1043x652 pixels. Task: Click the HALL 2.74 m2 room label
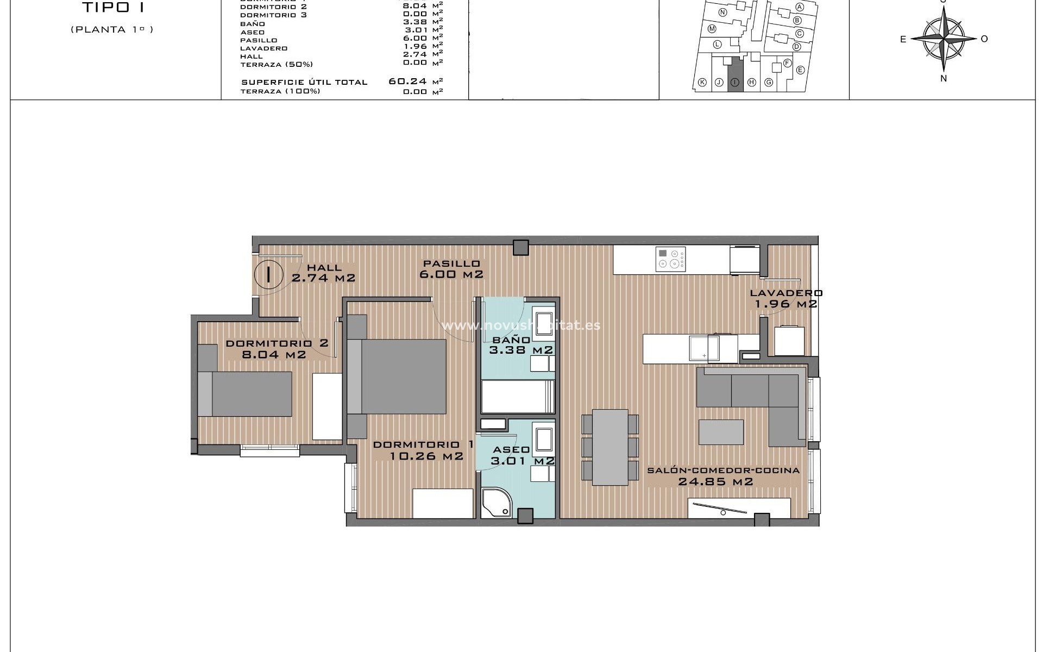(324, 273)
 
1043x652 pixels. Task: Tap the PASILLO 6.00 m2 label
(451, 269)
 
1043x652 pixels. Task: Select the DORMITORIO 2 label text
(277, 343)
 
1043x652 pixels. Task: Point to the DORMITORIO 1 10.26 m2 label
(424, 450)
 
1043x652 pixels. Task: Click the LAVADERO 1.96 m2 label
(786, 298)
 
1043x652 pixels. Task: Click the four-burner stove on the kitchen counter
(671, 259)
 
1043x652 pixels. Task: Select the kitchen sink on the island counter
(704, 348)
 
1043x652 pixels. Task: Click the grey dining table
(610, 447)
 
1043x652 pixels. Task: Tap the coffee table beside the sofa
(721, 432)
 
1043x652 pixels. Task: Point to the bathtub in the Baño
(517, 397)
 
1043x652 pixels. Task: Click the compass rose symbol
(944, 38)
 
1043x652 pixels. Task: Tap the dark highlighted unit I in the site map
(735, 74)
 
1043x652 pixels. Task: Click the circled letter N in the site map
(722, 12)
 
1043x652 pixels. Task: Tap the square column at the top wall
(521, 248)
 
